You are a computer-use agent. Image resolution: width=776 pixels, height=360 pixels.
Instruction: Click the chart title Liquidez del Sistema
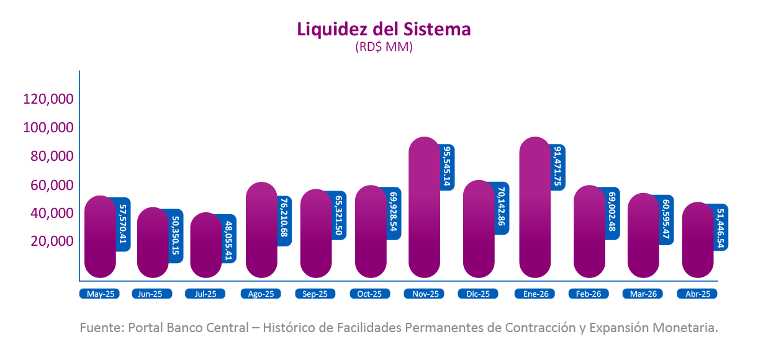tap(384, 29)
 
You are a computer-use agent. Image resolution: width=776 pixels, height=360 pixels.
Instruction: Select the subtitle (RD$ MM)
tap(384, 47)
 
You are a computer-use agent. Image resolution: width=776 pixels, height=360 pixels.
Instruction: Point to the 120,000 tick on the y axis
tap(48, 99)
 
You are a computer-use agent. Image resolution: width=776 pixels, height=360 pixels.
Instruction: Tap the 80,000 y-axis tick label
tap(52, 156)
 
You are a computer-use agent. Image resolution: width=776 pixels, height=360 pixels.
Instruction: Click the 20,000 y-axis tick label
tap(52, 241)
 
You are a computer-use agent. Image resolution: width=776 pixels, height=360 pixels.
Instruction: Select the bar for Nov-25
tap(425, 207)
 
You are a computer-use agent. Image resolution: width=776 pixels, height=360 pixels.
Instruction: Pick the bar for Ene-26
tap(535, 207)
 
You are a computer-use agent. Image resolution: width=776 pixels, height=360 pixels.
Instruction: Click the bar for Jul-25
tap(205, 245)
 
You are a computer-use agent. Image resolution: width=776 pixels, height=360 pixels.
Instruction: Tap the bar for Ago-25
tap(261, 230)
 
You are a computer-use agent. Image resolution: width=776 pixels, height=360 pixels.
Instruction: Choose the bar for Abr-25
tap(698, 240)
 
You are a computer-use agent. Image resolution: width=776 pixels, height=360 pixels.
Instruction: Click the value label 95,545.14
tap(448, 167)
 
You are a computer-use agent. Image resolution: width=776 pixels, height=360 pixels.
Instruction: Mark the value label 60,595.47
tap(666, 219)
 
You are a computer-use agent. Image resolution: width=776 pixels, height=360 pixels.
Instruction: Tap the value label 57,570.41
tap(123, 224)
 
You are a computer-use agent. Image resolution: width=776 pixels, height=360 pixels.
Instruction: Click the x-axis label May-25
tap(99, 294)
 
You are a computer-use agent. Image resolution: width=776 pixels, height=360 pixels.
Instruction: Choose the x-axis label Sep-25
tap(315, 294)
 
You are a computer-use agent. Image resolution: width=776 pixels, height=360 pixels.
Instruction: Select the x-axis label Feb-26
tap(589, 294)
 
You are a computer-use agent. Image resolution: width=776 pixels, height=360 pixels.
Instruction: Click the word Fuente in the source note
tap(102, 328)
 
